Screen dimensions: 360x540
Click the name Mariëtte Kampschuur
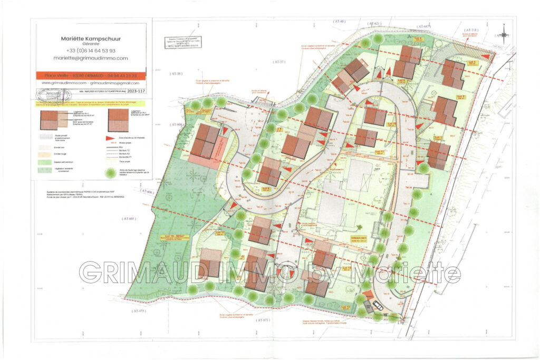90,38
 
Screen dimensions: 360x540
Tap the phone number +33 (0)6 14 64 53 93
90,51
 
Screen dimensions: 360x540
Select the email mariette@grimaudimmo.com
90,59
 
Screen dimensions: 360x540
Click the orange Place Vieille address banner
90,76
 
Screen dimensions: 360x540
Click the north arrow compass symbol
504,35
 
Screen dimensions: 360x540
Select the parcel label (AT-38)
175,74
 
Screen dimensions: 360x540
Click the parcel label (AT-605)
129,218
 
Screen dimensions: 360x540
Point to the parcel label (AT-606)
146,192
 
